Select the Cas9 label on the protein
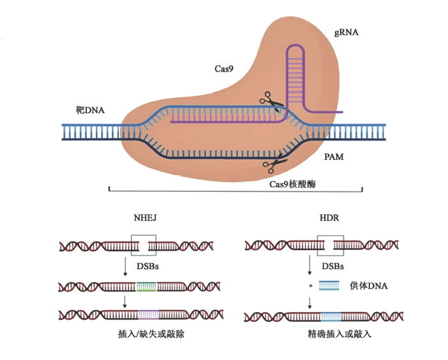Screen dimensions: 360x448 pyautogui.click(x=224, y=68)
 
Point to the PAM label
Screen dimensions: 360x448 pyautogui.click(x=334, y=156)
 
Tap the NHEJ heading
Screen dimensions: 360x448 pyautogui.click(x=144, y=219)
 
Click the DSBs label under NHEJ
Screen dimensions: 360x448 pyautogui.click(x=148, y=265)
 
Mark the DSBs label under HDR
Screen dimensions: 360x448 pyautogui.click(x=332, y=265)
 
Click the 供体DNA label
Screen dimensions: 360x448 pyautogui.click(x=369, y=286)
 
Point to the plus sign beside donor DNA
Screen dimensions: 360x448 pyautogui.click(x=311, y=286)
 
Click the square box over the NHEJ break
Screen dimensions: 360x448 pyautogui.click(x=143, y=245)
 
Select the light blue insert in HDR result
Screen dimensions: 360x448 pyautogui.click(x=330, y=315)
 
